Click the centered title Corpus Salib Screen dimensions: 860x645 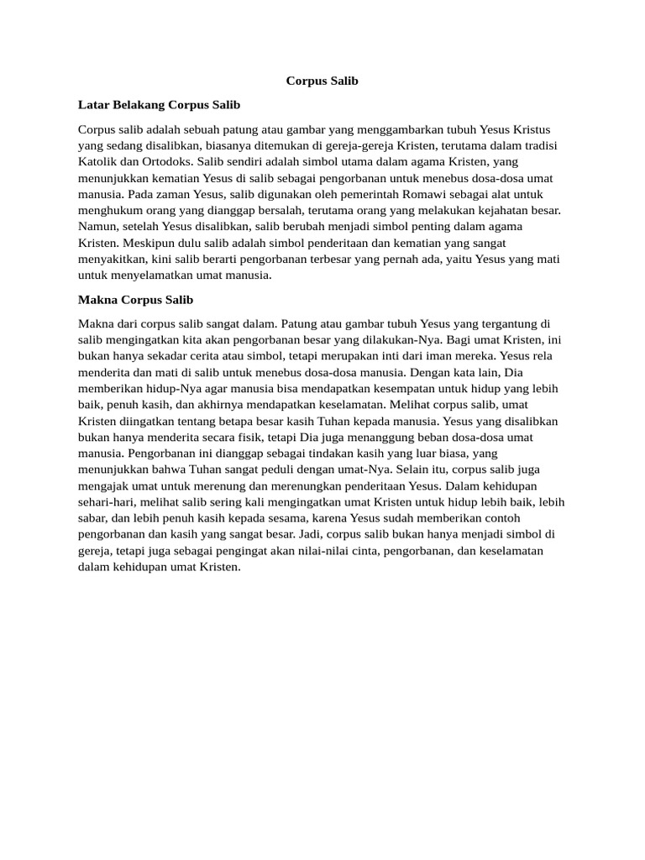tap(322, 81)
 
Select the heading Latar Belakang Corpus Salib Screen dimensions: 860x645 tap(159, 105)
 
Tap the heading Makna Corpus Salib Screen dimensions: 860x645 tap(135, 299)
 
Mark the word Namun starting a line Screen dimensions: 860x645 tap(98, 227)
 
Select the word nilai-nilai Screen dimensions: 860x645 tap(296, 551)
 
